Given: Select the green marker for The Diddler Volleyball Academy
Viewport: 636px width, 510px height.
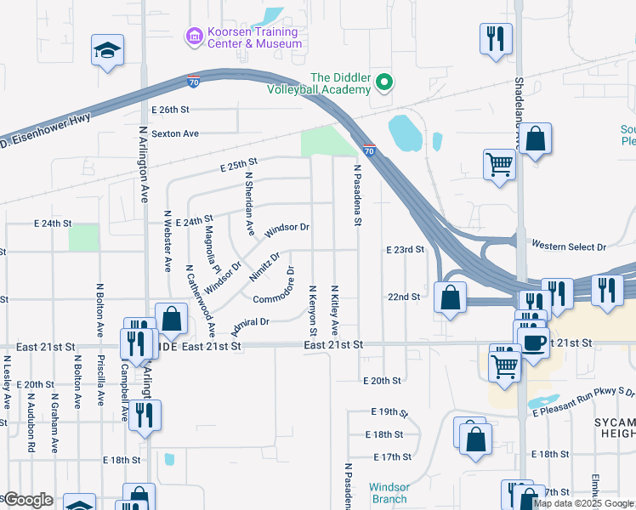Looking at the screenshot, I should [384, 82].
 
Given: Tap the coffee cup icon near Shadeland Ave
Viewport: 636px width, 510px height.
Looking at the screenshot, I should [533, 343].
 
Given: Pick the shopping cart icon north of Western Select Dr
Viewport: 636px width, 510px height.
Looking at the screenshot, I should [500, 163].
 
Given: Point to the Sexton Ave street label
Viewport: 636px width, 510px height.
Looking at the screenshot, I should [174, 133].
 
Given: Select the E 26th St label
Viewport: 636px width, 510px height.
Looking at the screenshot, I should [169, 110].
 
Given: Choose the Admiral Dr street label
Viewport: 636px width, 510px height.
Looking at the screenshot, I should [249, 324].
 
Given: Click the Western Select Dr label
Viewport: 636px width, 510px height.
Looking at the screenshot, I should [569, 246].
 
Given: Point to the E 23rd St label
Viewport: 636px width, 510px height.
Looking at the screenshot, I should [405, 250].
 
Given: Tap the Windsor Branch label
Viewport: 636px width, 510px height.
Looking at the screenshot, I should [389, 493].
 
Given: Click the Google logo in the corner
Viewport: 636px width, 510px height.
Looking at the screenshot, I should [28, 500].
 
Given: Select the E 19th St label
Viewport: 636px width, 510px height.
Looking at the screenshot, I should [389, 412].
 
